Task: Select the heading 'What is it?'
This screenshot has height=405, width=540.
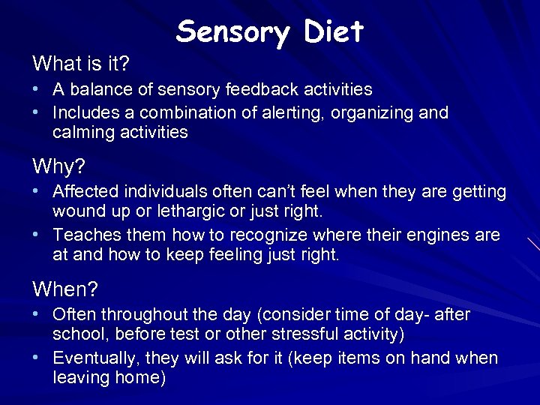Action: (x=80, y=61)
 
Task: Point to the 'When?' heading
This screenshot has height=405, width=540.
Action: (x=65, y=288)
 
